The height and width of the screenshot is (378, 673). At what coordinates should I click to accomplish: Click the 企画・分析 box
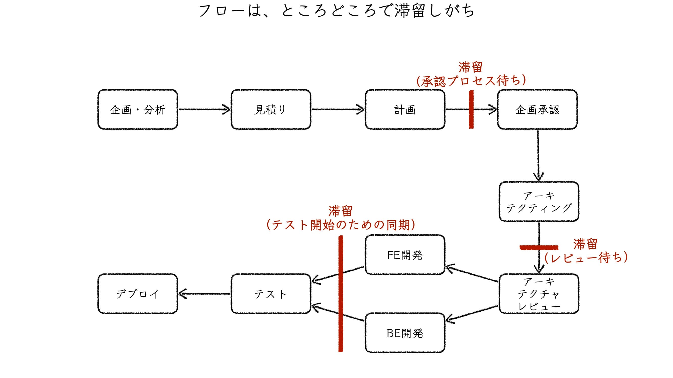pyautogui.click(x=138, y=109)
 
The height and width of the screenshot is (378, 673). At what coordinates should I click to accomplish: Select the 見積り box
pyautogui.click(x=271, y=109)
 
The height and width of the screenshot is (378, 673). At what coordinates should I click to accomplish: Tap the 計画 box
pyautogui.click(x=405, y=109)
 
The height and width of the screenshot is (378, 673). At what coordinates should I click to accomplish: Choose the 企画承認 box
pyautogui.click(x=537, y=109)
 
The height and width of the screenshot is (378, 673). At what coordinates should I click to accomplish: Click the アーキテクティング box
pyautogui.click(x=539, y=201)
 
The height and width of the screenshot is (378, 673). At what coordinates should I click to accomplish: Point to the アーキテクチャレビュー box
pyautogui.click(x=539, y=294)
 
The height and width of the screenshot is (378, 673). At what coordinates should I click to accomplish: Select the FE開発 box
pyautogui.click(x=405, y=255)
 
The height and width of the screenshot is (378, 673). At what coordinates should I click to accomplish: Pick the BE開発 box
pyautogui.click(x=405, y=333)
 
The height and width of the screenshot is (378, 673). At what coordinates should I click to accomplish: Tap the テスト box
pyautogui.click(x=271, y=294)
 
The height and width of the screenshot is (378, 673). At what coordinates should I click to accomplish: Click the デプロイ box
pyautogui.click(x=138, y=294)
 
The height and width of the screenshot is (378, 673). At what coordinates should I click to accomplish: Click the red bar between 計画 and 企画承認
pyautogui.click(x=471, y=109)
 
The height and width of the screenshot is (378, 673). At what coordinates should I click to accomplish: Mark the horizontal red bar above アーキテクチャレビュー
pyautogui.click(x=539, y=247)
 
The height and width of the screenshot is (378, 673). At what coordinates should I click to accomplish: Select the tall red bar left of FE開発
pyautogui.click(x=341, y=294)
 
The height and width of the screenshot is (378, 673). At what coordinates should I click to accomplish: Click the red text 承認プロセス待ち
pyautogui.click(x=471, y=81)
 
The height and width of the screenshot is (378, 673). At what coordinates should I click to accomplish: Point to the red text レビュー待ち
pyautogui.click(x=586, y=258)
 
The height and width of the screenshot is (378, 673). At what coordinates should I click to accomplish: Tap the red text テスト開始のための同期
pyautogui.click(x=341, y=225)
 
